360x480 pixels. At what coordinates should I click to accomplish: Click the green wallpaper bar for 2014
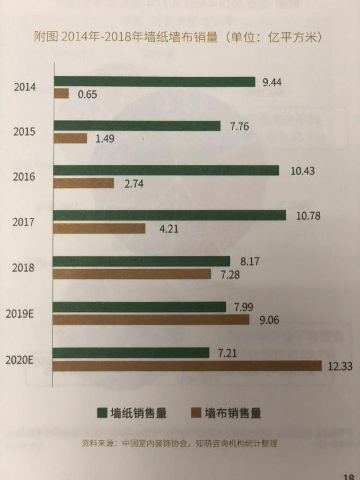click(x=155, y=81)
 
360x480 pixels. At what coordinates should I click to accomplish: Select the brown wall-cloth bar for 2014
click(x=61, y=93)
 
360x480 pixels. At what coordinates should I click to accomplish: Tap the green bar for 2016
click(x=166, y=170)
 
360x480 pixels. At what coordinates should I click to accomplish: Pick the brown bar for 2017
click(x=99, y=229)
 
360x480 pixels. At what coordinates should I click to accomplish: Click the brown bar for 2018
click(x=132, y=274)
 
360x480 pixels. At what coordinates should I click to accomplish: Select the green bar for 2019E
click(x=140, y=307)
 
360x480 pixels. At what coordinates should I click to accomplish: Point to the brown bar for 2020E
click(x=187, y=366)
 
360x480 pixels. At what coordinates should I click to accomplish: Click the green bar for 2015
click(x=137, y=126)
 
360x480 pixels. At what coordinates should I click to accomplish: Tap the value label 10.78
click(x=308, y=215)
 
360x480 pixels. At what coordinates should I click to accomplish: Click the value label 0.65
click(x=87, y=94)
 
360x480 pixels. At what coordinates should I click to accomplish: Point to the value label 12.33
click(x=340, y=366)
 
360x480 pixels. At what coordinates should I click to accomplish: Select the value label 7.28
click(x=230, y=275)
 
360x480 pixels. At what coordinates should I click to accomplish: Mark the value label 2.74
click(x=134, y=184)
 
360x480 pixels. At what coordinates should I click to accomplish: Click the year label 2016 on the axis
click(x=23, y=177)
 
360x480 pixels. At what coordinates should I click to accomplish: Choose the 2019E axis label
click(x=20, y=314)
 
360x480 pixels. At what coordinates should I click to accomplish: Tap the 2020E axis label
click(x=19, y=360)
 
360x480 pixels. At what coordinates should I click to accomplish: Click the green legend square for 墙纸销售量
click(x=102, y=412)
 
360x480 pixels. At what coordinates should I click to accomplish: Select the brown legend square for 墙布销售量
click(x=196, y=412)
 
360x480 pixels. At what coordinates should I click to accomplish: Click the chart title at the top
click(x=178, y=37)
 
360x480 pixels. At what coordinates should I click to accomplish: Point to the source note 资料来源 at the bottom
click(x=179, y=443)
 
